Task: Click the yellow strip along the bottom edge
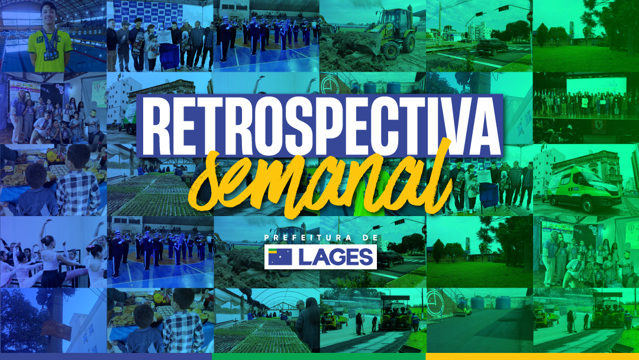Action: pyautogui.click(x=532, y=356)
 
